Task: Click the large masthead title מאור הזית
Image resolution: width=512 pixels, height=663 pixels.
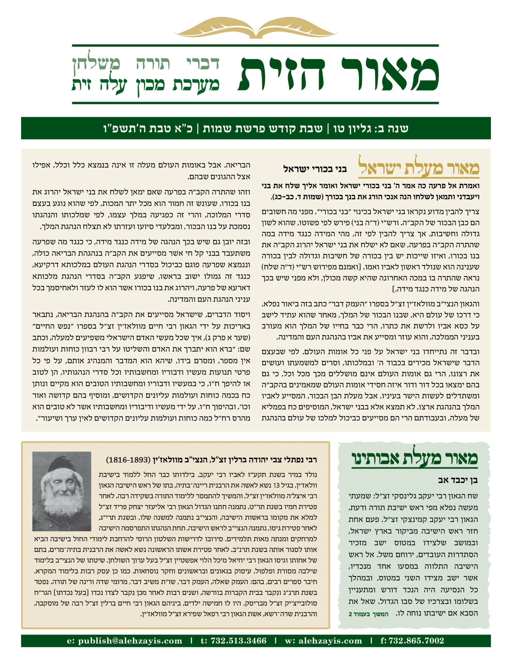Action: point(338,74)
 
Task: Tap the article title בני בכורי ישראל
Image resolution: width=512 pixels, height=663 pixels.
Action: point(315,169)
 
